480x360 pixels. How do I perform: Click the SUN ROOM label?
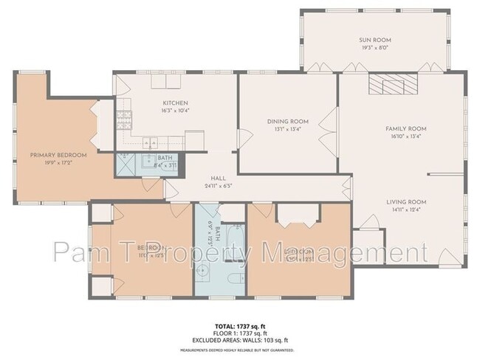376,40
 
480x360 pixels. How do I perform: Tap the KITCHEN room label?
175,103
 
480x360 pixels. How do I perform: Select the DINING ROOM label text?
287,122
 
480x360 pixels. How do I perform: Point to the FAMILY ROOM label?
405,128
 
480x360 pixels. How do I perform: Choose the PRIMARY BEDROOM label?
58,155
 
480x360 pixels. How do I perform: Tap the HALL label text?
218,178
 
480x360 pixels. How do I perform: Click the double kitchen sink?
151,140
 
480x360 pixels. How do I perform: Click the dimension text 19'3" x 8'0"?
376,48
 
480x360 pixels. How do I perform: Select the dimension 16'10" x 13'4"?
405,136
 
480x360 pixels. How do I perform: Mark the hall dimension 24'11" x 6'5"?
218,186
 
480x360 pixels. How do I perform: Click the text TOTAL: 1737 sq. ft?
240,325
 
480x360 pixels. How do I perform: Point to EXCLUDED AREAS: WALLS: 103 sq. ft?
240,340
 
